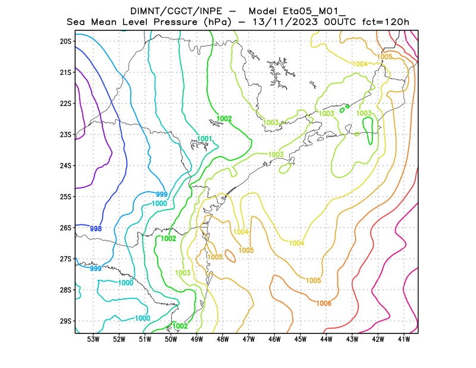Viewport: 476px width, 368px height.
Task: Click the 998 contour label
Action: click(95, 229)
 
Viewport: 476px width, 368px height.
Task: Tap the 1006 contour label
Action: click(324, 303)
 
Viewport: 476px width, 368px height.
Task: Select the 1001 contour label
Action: click(205, 139)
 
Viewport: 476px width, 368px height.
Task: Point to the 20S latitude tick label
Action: click(65, 41)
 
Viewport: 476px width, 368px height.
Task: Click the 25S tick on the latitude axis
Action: click(65, 197)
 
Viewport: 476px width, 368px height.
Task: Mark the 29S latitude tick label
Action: click(65, 321)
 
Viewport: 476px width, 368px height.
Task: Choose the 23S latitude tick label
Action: click(65, 135)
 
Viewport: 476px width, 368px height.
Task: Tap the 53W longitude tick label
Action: click(93, 339)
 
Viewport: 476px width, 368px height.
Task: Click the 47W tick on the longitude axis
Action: click(249, 339)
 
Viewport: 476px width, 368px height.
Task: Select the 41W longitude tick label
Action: click(404, 339)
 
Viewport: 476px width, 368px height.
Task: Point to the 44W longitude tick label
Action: click(326, 339)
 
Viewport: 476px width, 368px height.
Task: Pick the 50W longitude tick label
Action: click(171, 339)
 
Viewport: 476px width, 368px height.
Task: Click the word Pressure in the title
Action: click(177, 23)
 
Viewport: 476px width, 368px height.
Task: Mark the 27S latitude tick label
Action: click(65, 259)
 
